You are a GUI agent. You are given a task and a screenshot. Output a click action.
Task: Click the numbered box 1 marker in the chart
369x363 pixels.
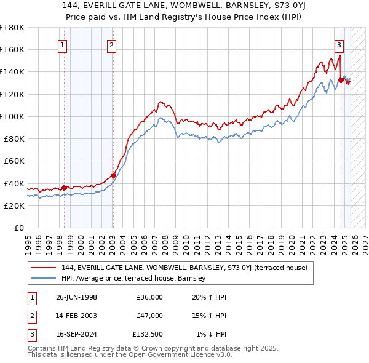(63, 44)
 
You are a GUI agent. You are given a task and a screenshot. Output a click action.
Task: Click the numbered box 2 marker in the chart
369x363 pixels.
(111, 44)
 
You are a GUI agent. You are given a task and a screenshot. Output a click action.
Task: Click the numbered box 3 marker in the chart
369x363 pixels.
(339, 44)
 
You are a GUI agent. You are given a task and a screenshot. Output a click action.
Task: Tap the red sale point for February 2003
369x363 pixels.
(113, 175)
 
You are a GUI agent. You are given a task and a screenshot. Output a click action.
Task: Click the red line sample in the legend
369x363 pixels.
(43, 268)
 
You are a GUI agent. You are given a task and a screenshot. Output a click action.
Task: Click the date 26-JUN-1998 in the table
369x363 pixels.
(76, 297)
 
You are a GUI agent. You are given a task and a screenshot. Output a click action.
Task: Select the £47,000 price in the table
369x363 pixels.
(149, 316)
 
